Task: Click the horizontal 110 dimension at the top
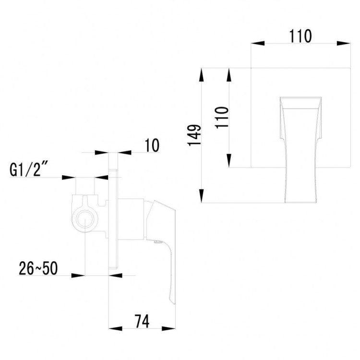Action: click(301, 36)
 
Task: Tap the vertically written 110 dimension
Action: click(222, 117)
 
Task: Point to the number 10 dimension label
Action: click(151, 145)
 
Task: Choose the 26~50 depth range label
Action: click(38, 268)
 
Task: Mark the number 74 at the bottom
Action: click(141, 321)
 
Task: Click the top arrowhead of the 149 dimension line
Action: click(202, 74)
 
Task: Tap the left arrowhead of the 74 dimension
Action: click(115, 329)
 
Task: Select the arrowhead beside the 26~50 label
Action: click(78, 276)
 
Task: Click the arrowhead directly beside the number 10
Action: click(124, 153)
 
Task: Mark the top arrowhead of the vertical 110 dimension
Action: click(229, 74)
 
